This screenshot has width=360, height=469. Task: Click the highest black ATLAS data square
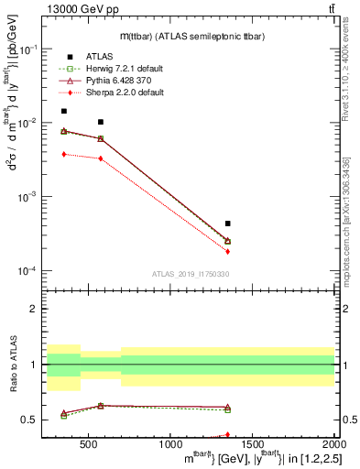pos(63,112)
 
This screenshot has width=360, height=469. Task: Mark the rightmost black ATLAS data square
pos(228,224)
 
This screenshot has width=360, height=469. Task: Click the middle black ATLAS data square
pos(101,122)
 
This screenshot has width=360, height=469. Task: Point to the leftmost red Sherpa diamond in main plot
pos(63,154)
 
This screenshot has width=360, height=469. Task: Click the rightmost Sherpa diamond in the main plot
pos(228,251)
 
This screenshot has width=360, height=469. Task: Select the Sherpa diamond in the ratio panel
pos(228,435)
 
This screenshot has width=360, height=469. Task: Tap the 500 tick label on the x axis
pos(88,445)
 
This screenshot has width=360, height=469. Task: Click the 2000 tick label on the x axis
pos(334,445)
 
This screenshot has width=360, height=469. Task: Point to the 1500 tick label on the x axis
pos(252,445)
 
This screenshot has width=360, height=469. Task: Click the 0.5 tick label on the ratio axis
pos(29,420)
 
